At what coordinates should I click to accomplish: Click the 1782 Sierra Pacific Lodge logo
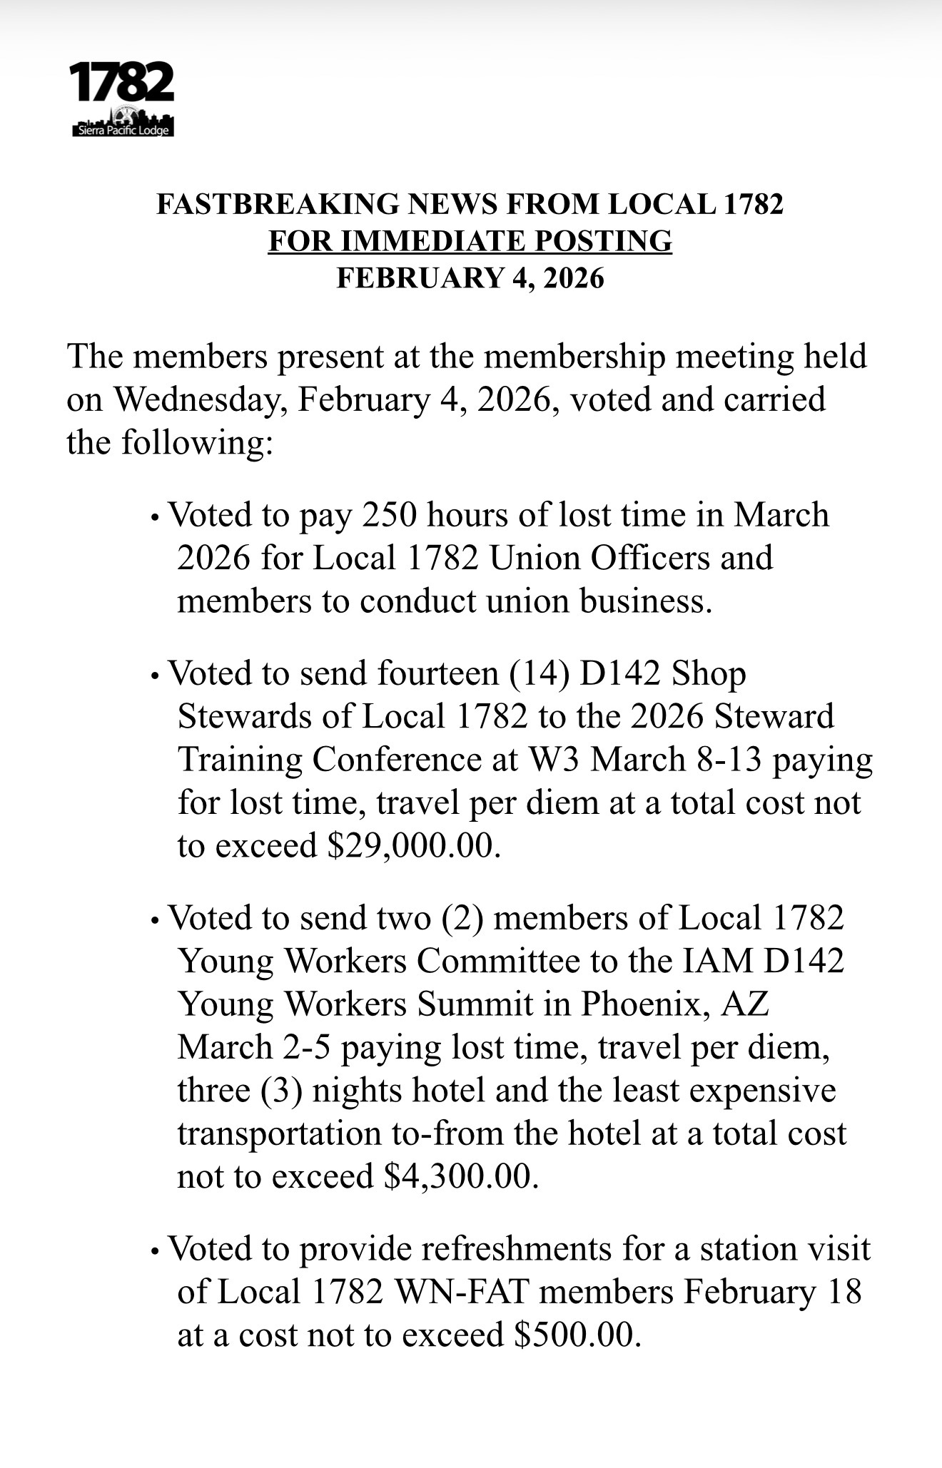click(122, 99)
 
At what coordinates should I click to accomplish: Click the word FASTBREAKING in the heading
click(276, 205)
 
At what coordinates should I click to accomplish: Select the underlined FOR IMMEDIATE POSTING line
click(470, 241)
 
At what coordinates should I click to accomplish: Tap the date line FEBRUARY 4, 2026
click(470, 277)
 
